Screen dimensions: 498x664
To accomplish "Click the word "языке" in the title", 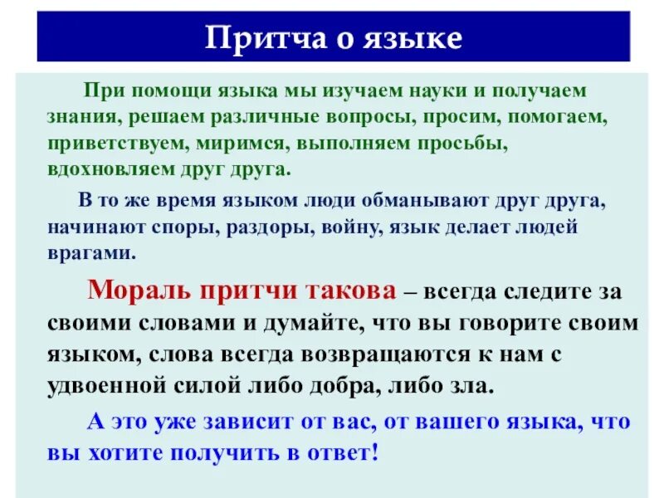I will [412, 39].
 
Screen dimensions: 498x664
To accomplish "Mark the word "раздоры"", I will [293, 227].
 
